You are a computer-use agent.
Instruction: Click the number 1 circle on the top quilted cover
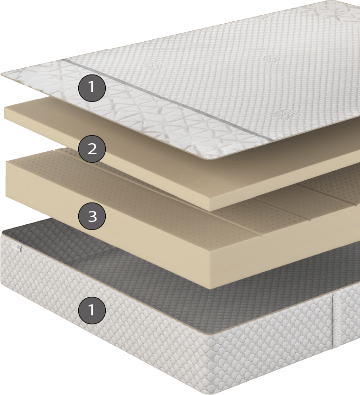point(92,87)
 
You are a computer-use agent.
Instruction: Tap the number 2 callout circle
point(92,149)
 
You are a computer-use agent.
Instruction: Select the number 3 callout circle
point(92,216)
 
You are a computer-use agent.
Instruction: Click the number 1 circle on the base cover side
point(92,310)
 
